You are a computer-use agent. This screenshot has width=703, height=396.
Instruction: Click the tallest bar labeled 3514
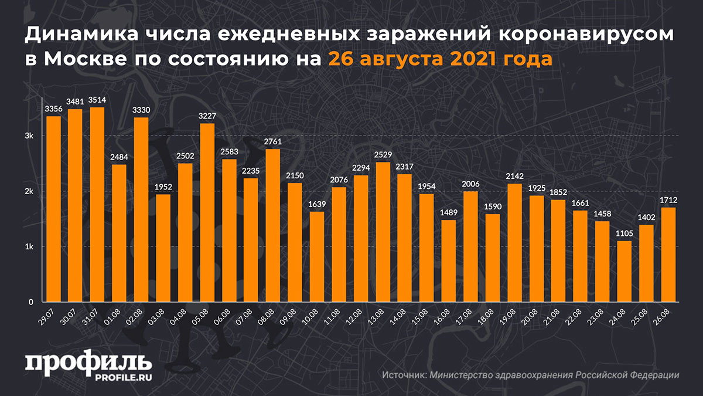(x=97, y=205)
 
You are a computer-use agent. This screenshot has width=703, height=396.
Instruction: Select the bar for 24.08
(x=624, y=272)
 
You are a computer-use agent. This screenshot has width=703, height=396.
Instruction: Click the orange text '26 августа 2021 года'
(x=439, y=59)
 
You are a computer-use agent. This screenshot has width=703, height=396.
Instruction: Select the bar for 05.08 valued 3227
(x=207, y=213)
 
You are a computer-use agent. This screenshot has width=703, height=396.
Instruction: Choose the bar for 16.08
(x=449, y=261)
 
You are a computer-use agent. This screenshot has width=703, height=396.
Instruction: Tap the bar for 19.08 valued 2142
(x=515, y=243)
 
